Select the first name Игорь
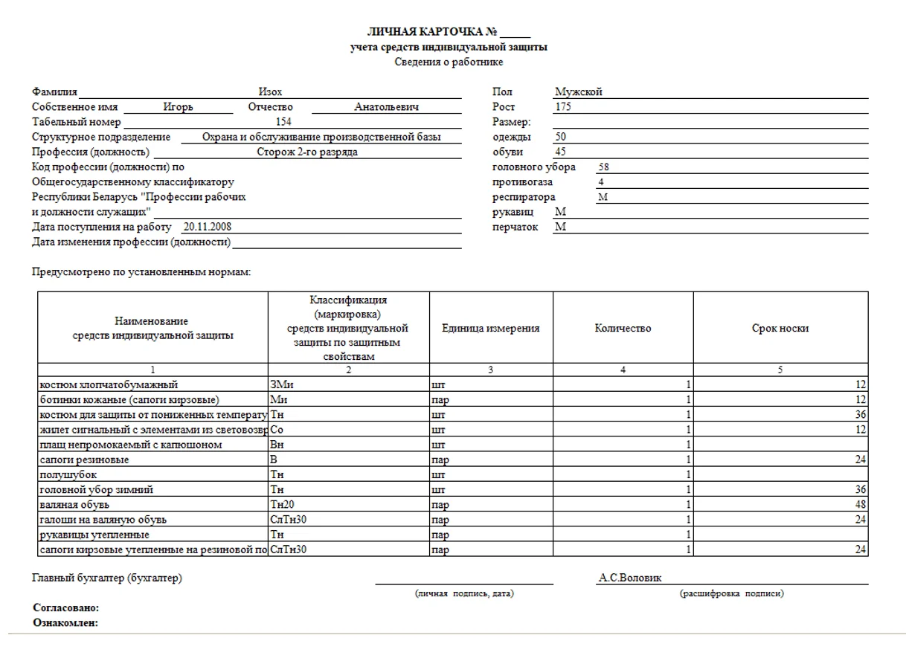(x=179, y=107)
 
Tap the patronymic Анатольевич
(x=387, y=107)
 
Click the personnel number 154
(x=284, y=122)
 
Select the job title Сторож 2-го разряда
(x=307, y=152)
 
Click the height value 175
(x=563, y=107)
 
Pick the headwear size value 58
(x=604, y=167)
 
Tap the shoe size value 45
(x=561, y=152)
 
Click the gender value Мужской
(x=578, y=92)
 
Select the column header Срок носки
(x=780, y=329)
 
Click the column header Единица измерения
(x=490, y=329)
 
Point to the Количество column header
(x=623, y=329)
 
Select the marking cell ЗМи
(x=283, y=384)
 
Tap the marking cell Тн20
(x=283, y=504)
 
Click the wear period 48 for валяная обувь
(x=861, y=504)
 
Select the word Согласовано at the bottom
(x=65, y=608)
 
